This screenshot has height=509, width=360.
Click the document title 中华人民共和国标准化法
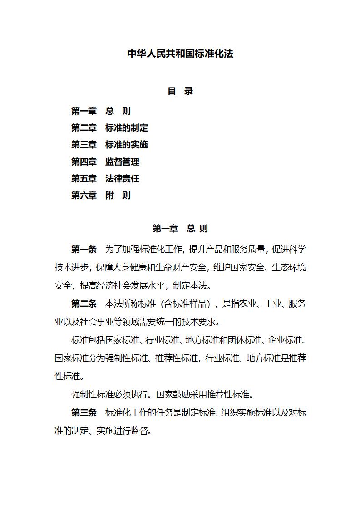pyautogui.click(x=180, y=54)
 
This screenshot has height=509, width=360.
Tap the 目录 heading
pyautogui.click(x=180, y=91)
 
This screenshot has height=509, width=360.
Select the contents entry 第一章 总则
pyautogui.click(x=101, y=111)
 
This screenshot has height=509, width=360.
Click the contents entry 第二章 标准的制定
pyautogui.click(x=109, y=128)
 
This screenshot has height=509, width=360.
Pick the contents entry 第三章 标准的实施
pyautogui.click(x=109, y=145)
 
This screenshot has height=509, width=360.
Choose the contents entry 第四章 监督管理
pyautogui.click(x=105, y=162)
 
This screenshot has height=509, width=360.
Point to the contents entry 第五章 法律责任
pyautogui.click(x=105, y=178)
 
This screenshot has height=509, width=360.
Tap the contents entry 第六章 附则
pyautogui.click(x=101, y=195)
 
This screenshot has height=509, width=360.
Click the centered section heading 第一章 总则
pyautogui.click(x=180, y=228)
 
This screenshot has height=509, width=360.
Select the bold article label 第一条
pyautogui.click(x=84, y=249)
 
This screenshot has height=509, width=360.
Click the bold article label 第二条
pyautogui.click(x=84, y=303)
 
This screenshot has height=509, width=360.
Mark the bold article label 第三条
pyautogui.click(x=84, y=412)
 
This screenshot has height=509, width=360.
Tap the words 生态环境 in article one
pyautogui.click(x=289, y=267)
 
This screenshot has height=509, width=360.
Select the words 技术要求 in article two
pyautogui.click(x=202, y=322)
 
